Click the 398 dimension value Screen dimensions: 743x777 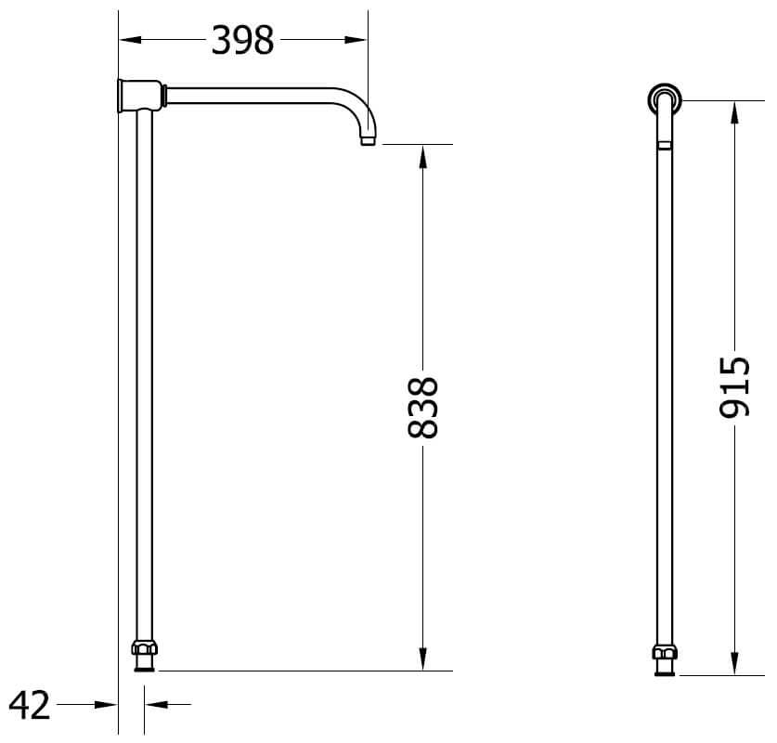[243, 40]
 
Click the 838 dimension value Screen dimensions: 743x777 [422, 407]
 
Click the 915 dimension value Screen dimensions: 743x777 [734, 386]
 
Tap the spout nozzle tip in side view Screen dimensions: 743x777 [368, 140]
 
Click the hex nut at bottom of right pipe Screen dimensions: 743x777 [664, 652]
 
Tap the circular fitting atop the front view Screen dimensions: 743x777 [664, 98]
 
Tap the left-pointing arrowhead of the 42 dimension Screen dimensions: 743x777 [154, 706]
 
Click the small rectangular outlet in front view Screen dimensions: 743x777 [664, 145]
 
